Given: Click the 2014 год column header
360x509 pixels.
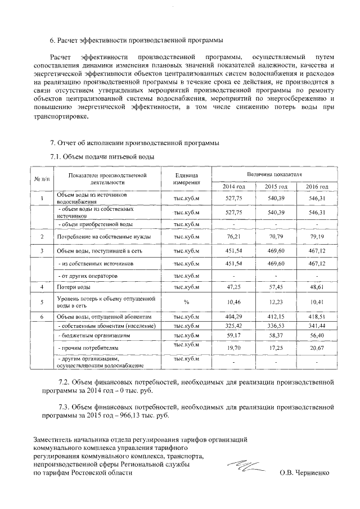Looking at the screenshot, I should [233, 186].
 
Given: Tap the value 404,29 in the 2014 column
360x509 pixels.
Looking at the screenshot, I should [233, 317].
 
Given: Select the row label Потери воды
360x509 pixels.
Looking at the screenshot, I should [70, 287].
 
